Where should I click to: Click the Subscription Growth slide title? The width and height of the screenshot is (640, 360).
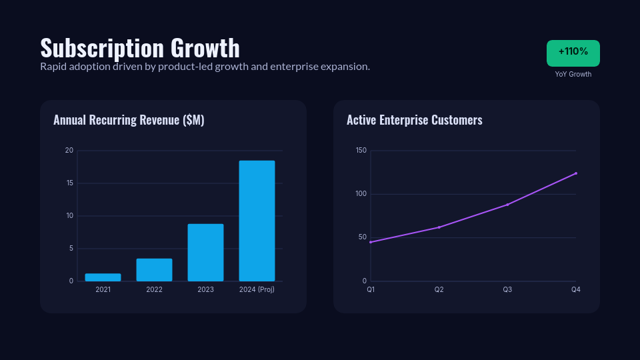[139, 48]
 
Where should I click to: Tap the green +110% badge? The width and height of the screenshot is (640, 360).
[573, 53]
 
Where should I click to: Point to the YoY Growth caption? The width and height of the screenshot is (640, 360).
[573, 74]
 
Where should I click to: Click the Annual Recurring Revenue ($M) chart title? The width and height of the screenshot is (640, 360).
[129, 120]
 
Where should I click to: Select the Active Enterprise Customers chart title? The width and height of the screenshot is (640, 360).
[414, 120]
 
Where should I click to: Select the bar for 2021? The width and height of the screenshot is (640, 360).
[103, 277]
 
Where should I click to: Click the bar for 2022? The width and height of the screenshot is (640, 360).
[155, 270]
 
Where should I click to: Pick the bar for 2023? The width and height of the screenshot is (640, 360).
[205, 253]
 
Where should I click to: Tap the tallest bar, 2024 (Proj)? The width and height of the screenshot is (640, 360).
[257, 221]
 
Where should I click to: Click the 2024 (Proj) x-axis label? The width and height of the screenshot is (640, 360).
[257, 289]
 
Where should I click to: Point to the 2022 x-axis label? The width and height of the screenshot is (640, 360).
[155, 289]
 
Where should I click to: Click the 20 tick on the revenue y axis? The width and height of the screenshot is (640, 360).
[69, 151]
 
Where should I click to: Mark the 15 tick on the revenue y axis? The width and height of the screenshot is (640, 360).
[69, 183]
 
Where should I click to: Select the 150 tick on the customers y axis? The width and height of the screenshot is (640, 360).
[361, 151]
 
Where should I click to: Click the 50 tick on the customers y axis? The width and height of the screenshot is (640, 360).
[363, 237]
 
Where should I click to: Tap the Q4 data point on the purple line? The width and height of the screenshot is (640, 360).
[576, 173]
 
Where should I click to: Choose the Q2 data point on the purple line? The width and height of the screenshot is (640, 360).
[439, 227]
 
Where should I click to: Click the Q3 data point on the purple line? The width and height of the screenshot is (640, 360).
[507, 205]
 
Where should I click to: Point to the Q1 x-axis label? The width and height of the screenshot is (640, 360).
[371, 289]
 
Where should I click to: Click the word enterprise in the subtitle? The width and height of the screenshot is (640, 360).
[293, 67]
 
